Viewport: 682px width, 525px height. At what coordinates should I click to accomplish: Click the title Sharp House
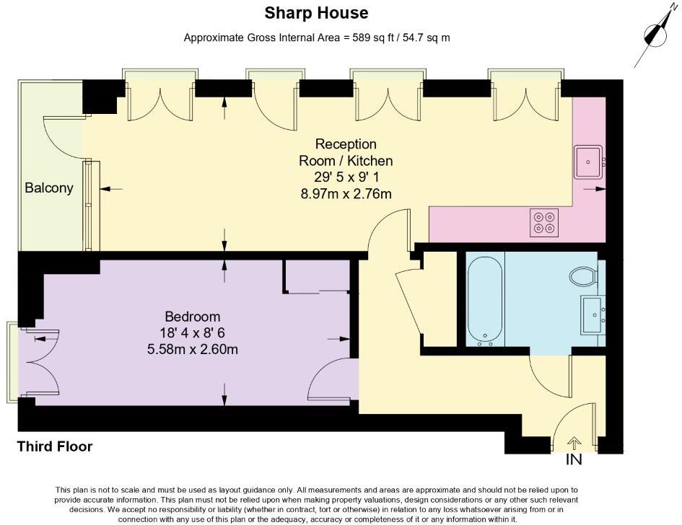click(316, 12)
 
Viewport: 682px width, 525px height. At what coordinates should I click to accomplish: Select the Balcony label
click(49, 188)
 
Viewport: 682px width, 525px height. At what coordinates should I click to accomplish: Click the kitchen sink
click(589, 161)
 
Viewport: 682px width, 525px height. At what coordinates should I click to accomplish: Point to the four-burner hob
click(543, 222)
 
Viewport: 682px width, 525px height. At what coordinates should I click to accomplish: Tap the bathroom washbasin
click(593, 314)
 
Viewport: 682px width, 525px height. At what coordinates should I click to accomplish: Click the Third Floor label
click(55, 446)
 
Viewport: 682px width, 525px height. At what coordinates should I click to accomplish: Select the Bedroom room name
click(193, 317)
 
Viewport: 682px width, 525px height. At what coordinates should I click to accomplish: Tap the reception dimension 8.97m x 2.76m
click(346, 193)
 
